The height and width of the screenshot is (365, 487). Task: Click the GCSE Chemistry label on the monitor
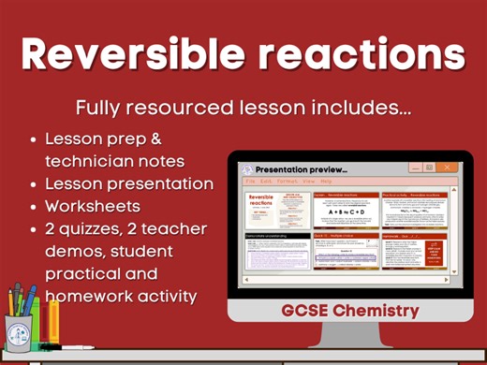[x=348, y=310]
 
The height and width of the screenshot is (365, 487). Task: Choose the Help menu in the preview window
[x=326, y=181]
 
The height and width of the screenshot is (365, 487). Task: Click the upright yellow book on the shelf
[x=54, y=321]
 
